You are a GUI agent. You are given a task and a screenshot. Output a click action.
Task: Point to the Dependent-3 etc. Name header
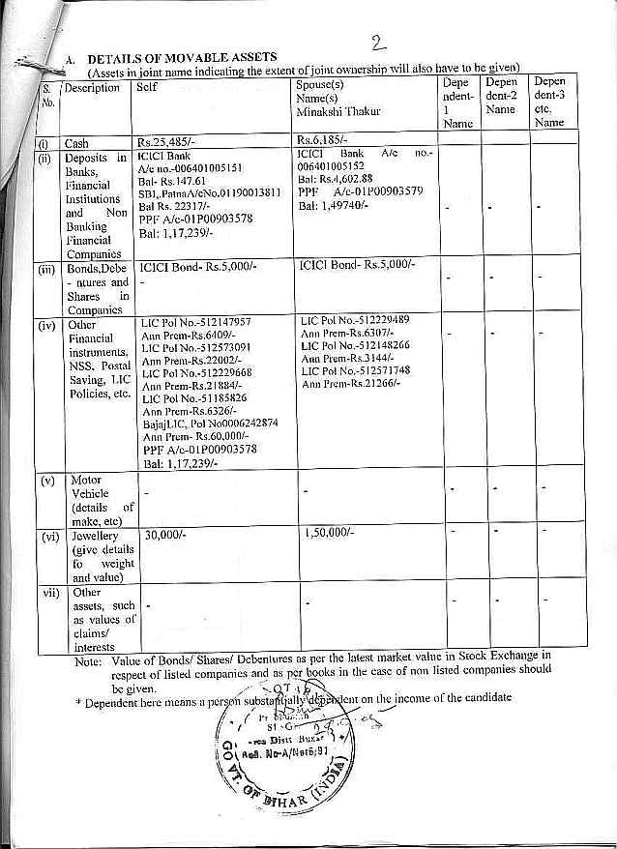point(549,102)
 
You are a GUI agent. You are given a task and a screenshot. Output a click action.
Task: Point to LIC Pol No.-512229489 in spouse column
point(355,320)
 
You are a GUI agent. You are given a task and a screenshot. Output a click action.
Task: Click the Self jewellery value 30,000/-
point(164,534)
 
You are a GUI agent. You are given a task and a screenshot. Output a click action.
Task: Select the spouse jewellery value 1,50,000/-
point(328,533)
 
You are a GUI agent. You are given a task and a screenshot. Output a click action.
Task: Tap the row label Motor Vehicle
point(87,486)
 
